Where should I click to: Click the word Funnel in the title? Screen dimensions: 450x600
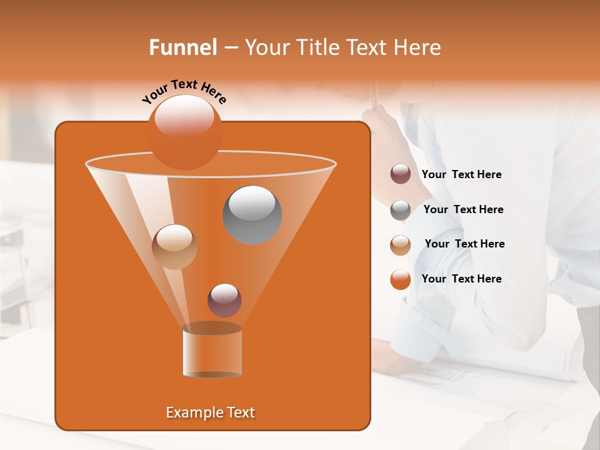click(x=183, y=47)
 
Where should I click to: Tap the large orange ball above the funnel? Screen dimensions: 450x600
click(x=184, y=132)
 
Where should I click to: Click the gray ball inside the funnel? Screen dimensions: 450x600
click(x=252, y=215)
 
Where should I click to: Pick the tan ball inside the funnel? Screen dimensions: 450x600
click(x=174, y=247)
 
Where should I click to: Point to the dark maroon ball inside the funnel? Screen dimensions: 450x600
click(x=224, y=300)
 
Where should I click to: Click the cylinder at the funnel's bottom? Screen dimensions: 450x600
click(x=212, y=351)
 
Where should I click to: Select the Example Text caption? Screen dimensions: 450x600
click(x=210, y=412)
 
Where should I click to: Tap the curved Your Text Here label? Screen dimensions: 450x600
click(x=184, y=91)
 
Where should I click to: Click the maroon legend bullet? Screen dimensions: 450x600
click(x=401, y=174)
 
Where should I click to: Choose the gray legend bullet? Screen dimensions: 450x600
click(x=401, y=210)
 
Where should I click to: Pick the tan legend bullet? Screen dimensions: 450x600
click(x=401, y=245)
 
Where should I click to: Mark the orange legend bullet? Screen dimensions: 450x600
click(x=401, y=279)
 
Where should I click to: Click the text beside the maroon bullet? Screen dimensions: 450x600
click(x=461, y=174)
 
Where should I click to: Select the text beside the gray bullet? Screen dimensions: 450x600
click(x=463, y=209)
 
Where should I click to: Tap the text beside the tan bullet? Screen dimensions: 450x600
click(x=464, y=244)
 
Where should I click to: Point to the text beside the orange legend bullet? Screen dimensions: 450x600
click(x=461, y=279)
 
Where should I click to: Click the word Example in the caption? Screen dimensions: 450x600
click(x=190, y=412)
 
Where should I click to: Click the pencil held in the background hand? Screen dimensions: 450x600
click(x=375, y=97)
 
